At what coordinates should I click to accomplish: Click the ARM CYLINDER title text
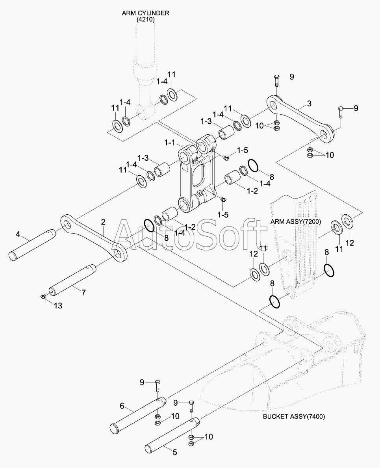click(x=145, y=13)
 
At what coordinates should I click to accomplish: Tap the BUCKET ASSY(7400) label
click(x=294, y=416)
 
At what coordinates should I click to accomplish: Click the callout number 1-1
click(x=169, y=143)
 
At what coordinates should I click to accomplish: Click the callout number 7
click(x=83, y=292)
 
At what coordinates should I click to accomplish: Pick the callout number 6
click(x=122, y=405)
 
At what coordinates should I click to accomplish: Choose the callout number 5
click(x=175, y=453)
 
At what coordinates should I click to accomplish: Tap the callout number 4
click(x=18, y=234)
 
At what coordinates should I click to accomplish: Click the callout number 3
click(x=309, y=103)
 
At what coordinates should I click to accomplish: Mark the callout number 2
click(x=103, y=222)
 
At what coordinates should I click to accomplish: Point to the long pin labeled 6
click(x=138, y=414)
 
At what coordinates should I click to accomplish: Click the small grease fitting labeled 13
click(x=43, y=296)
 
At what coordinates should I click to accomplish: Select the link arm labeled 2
click(x=94, y=238)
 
